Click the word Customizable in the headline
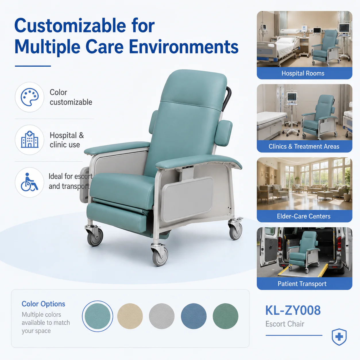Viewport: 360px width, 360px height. pos(70,26)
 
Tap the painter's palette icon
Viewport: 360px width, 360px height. pos(30,97)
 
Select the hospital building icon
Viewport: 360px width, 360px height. pos(30,140)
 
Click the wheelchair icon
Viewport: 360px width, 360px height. pos(29,182)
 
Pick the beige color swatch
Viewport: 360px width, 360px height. pos(130,316)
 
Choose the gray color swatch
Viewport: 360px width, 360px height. pos(162,316)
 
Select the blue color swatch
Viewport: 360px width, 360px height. pos(194,316)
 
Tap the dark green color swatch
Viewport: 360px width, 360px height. pos(225,316)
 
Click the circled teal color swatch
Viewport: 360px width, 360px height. pos(98,316)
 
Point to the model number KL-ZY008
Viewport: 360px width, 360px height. pos(293,311)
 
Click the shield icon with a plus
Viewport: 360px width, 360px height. pos(339,337)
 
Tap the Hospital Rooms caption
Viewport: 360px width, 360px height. pos(303,73)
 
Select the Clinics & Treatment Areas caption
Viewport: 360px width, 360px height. pos(304,146)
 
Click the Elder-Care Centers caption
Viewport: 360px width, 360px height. pos(303,216)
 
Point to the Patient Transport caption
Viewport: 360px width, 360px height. pos(302,284)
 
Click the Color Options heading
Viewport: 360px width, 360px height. pos(43,304)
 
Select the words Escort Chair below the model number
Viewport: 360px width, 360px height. pos(285,324)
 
